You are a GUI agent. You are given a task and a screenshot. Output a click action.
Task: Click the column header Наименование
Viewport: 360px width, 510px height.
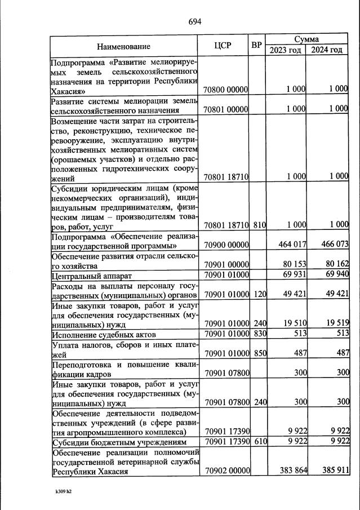pos(123,46)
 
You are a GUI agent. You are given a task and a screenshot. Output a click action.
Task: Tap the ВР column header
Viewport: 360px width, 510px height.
pos(257,45)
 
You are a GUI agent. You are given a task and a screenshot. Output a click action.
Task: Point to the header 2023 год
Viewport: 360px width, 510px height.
pos(285,50)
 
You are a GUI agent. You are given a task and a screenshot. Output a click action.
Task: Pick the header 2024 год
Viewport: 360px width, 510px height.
pos(327,50)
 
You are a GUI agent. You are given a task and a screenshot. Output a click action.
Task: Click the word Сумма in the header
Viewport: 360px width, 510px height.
pos(306,39)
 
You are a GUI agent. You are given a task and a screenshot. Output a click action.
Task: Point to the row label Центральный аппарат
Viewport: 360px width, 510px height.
pos(92,276)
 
